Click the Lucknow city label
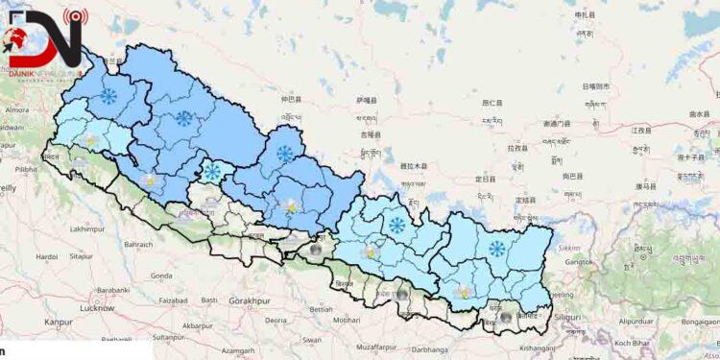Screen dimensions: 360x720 coord(98,308)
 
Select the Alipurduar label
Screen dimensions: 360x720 coord(636,320)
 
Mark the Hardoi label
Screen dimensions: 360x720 coord(46,256)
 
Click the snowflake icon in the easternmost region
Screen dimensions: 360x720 coord(496,249)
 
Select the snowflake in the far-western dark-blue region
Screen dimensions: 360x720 coord(109,96)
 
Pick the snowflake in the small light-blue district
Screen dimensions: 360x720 coord(212,173)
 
